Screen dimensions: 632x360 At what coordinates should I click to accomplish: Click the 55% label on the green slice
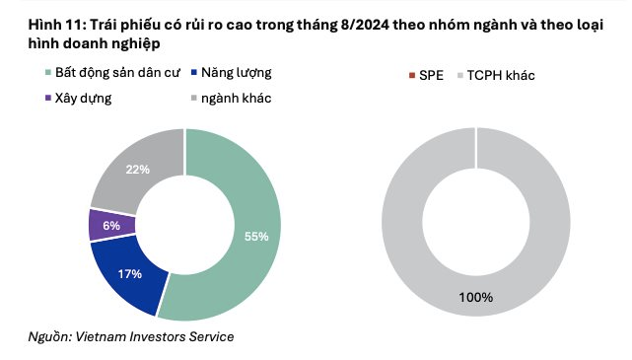click(x=256, y=237)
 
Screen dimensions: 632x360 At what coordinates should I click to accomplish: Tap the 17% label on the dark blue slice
click(x=130, y=274)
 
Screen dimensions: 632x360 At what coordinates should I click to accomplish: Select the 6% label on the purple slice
click(x=111, y=226)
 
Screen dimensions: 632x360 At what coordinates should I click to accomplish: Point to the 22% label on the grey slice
click(x=137, y=170)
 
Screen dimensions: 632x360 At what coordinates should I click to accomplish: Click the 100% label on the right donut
click(x=475, y=298)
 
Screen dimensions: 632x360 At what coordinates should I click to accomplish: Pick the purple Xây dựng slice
click(x=112, y=225)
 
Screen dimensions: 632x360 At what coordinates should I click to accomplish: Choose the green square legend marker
click(x=48, y=73)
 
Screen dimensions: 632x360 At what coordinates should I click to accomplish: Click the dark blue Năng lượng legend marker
click(x=194, y=73)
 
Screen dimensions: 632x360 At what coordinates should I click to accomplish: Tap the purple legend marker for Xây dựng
click(x=48, y=98)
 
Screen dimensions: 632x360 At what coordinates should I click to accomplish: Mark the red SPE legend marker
click(x=412, y=75)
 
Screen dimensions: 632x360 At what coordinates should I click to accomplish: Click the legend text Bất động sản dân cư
click(x=117, y=73)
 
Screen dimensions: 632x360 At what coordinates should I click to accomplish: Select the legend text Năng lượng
click(x=237, y=73)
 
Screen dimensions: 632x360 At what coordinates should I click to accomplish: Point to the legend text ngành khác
click(x=237, y=99)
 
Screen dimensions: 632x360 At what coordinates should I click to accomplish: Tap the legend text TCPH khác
click(x=501, y=75)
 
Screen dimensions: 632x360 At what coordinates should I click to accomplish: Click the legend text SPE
click(x=431, y=75)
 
